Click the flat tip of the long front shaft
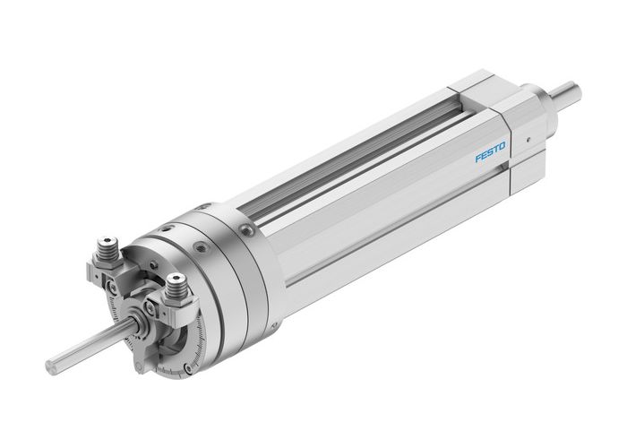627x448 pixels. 50,366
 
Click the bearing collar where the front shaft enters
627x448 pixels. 137,323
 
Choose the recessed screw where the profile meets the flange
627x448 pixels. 245,231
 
